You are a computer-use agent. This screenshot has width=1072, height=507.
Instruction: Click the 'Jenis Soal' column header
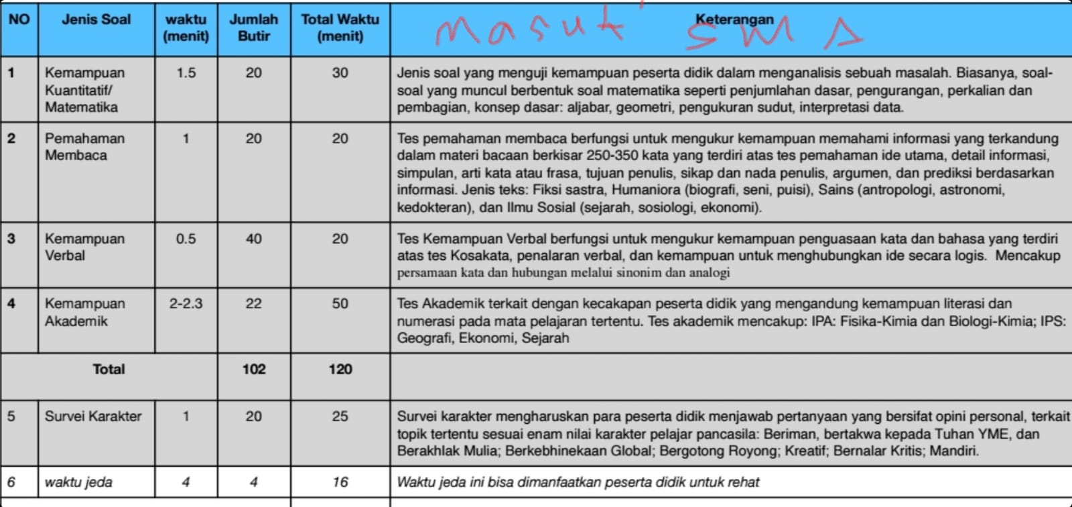coord(96,19)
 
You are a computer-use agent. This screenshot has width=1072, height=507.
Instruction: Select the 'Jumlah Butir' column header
coord(253,28)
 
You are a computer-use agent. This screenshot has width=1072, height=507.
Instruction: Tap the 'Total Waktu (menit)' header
coord(340,28)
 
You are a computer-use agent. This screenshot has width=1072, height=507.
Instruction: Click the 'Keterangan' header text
coord(734,19)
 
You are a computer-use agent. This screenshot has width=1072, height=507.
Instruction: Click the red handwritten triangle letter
coord(842,34)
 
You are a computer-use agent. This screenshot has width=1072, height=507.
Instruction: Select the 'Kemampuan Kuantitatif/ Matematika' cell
coord(81,90)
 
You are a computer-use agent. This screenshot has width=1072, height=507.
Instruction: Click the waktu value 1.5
coord(186,73)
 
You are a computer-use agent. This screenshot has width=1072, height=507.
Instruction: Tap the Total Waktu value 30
coord(340,73)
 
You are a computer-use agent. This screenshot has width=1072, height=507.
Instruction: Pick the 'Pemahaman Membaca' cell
coord(84,147)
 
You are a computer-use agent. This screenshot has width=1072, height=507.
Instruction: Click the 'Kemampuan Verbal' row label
coord(84,247)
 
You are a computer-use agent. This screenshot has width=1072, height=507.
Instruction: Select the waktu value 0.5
coord(186,239)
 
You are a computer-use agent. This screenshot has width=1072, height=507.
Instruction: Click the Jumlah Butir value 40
coord(253,239)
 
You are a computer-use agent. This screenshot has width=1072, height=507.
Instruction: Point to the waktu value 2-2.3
coord(186,304)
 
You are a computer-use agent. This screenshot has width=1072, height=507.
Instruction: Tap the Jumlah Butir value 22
coord(253,304)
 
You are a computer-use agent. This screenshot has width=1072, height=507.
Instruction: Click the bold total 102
coord(254,369)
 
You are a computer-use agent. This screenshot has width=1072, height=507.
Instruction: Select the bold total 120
coord(340,369)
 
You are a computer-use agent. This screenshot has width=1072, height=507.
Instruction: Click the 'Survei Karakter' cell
coord(93,417)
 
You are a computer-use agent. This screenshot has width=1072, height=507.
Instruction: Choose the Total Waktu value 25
coord(340,417)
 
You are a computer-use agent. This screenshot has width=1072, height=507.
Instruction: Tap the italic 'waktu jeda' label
coord(78,482)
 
